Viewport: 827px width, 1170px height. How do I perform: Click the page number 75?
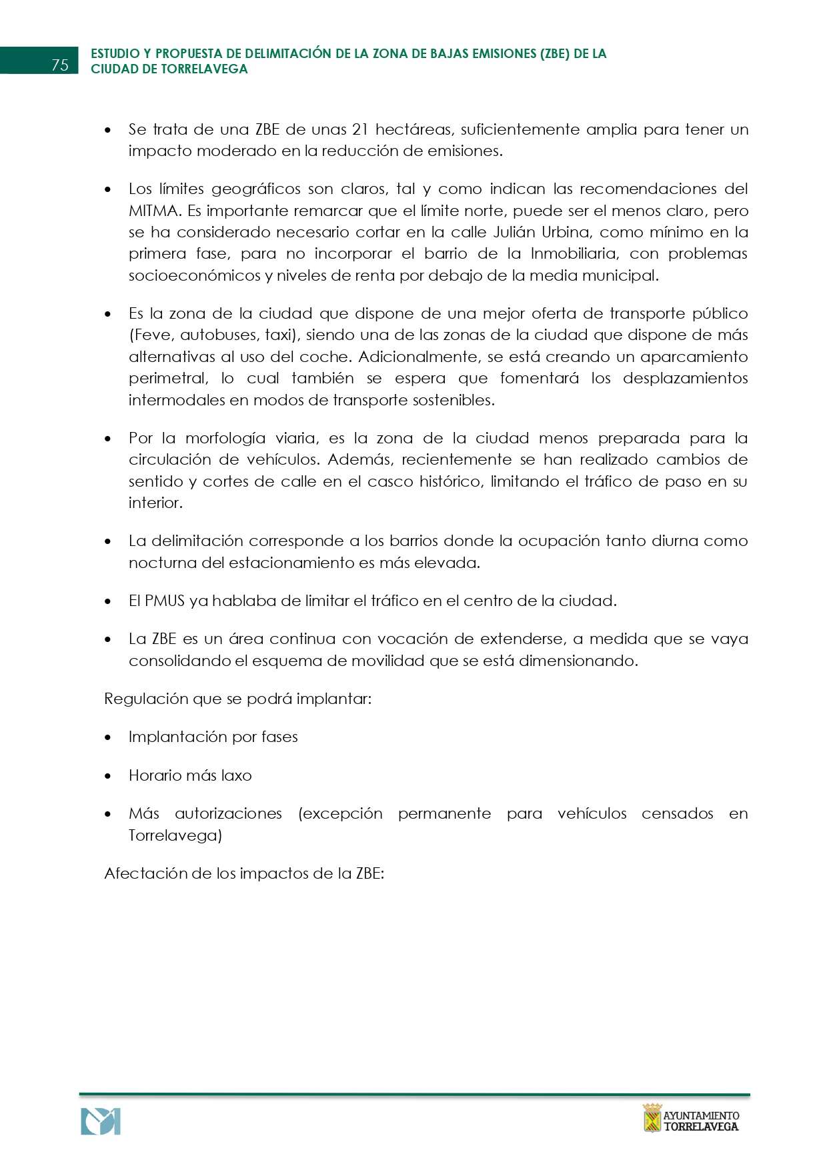[60, 65]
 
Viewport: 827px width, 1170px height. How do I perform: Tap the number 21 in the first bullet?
[360, 129]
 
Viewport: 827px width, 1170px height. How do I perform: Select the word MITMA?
[154, 211]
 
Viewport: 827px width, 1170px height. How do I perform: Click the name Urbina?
[561, 232]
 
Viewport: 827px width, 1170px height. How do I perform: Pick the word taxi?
[279, 335]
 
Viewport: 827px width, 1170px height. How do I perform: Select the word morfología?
[225, 438]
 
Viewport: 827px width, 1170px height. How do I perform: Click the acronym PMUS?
[164, 601]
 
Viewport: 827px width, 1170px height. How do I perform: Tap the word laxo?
[237, 775]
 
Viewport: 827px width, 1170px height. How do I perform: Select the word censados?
[677, 813]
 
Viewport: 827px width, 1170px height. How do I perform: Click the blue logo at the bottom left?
[101, 1121]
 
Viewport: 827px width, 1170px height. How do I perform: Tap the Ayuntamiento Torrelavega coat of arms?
[652, 1118]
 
